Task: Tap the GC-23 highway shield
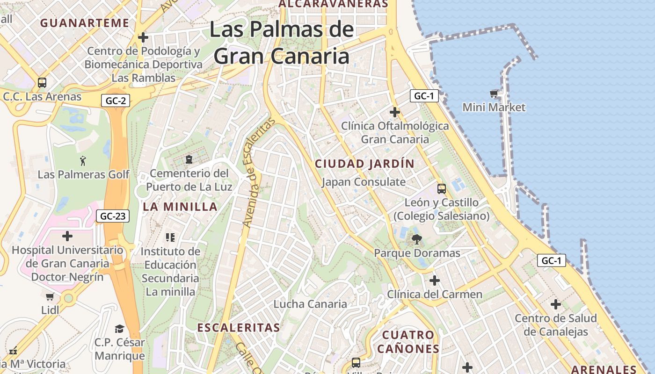(x=113, y=216)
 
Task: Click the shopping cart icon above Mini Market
(x=494, y=94)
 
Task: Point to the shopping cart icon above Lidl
(x=50, y=296)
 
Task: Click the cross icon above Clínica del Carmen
(x=435, y=280)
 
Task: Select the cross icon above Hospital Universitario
(x=67, y=236)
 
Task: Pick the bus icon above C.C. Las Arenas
(x=42, y=83)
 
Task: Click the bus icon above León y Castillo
(x=442, y=189)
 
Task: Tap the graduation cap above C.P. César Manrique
(x=120, y=329)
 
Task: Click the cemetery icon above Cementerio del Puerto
(x=189, y=160)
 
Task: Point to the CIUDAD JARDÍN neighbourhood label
(x=364, y=164)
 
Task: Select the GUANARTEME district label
(x=85, y=23)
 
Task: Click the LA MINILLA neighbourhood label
(x=180, y=207)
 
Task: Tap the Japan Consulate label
(x=364, y=182)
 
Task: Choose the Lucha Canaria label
(x=310, y=304)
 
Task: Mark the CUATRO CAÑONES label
(x=408, y=342)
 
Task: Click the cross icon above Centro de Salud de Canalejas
(x=556, y=305)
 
